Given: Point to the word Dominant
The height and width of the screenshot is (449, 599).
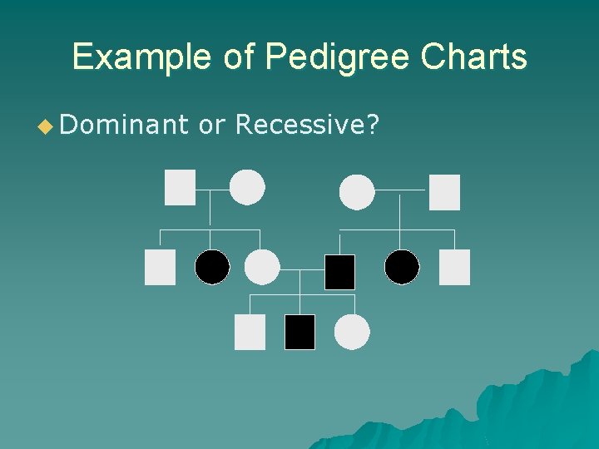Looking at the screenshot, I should (125, 126).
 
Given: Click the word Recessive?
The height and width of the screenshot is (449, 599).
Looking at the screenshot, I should (308, 126).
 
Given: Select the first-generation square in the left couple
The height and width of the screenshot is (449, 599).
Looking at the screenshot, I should (180, 187).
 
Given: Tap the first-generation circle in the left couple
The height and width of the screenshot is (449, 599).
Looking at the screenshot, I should (247, 187).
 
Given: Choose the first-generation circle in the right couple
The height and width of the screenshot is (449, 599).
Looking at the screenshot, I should (357, 192).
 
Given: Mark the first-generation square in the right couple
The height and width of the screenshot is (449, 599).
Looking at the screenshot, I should (444, 192).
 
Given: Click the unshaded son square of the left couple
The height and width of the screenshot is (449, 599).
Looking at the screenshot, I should (160, 267).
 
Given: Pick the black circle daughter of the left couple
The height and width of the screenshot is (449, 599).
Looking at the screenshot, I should (212, 267).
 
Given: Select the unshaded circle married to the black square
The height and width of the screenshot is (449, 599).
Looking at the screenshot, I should (262, 267).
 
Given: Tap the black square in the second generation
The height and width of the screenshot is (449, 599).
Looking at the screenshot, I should (339, 272).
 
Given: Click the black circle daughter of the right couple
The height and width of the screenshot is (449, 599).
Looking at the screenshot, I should (402, 267).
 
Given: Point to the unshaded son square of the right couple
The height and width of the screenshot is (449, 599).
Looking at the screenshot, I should (454, 267).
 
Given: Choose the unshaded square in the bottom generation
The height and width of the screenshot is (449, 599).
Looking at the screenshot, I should (250, 332).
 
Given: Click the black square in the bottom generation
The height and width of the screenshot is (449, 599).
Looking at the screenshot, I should (299, 332).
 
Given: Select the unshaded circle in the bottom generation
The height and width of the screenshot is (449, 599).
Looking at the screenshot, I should (352, 332).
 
